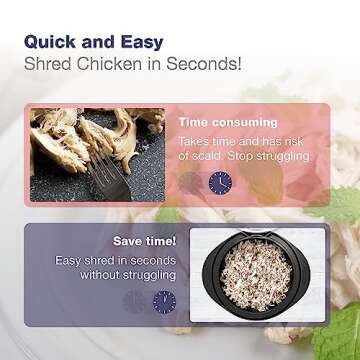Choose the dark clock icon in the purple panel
click(162, 302)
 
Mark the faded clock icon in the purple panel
click(132, 302)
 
